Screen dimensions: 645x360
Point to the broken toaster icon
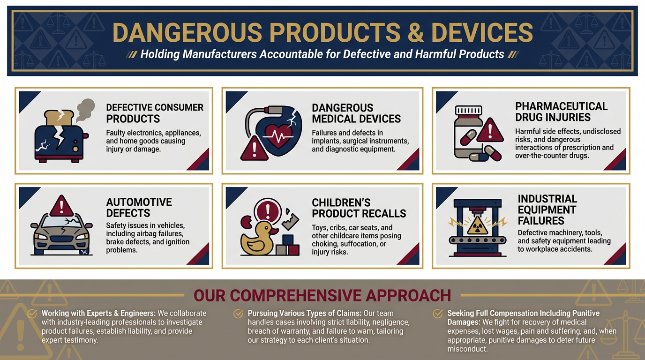click(60, 136)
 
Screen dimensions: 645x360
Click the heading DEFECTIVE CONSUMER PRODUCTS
click(155, 113)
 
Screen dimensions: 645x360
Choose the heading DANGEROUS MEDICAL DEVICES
click(356, 113)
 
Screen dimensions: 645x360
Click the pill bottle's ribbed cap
click(468, 110)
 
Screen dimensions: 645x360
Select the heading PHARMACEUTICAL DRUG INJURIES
click(561, 112)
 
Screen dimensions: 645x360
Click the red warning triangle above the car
click(61, 206)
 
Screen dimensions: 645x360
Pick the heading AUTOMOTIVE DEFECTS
click(139, 207)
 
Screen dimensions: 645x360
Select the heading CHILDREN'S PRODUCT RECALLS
click(359, 208)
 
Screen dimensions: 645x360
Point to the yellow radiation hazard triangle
click(477, 225)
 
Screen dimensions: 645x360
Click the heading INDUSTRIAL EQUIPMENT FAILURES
click(547, 210)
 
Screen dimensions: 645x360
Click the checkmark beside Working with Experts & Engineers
click(32, 313)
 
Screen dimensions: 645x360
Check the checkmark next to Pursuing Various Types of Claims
click(238, 313)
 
